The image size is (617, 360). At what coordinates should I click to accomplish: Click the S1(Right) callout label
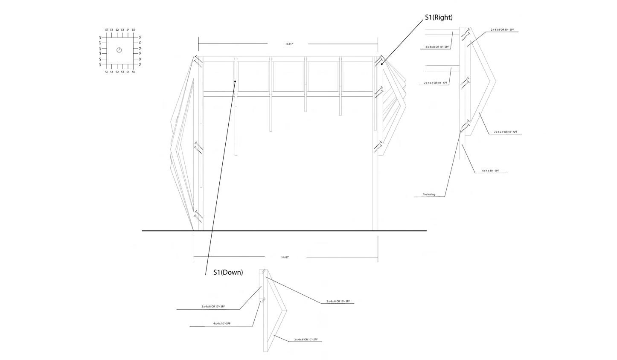click(438, 17)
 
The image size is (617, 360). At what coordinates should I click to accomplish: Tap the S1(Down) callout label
click(228, 272)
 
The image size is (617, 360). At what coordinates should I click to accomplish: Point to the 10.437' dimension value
click(285, 257)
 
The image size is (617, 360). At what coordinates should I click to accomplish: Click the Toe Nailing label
click(429, 195)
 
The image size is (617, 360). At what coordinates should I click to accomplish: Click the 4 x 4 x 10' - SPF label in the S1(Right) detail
click(490, 171)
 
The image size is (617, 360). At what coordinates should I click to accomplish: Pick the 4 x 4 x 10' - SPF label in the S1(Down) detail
click(221, 324)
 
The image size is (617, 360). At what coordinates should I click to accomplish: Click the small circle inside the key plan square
click(119, 50)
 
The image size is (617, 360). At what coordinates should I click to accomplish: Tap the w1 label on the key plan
click(101, 38)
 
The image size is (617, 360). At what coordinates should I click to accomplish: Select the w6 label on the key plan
click(101, 64)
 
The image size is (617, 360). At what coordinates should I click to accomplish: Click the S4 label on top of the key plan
click(128, 30)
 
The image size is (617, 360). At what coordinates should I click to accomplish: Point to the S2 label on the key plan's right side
click(140, 59)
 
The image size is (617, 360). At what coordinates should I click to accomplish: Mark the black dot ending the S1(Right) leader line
click(382, 64)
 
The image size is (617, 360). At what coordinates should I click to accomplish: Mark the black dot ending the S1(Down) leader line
click(235, 81)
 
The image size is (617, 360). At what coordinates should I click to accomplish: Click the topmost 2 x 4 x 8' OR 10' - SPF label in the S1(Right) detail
click(502, 30)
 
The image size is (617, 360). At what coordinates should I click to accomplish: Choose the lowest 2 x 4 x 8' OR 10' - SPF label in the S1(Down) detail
click(306, 340)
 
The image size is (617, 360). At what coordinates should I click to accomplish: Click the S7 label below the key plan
click(107, 72)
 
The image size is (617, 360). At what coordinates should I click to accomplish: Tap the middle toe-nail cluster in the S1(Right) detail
click(465, 83)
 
